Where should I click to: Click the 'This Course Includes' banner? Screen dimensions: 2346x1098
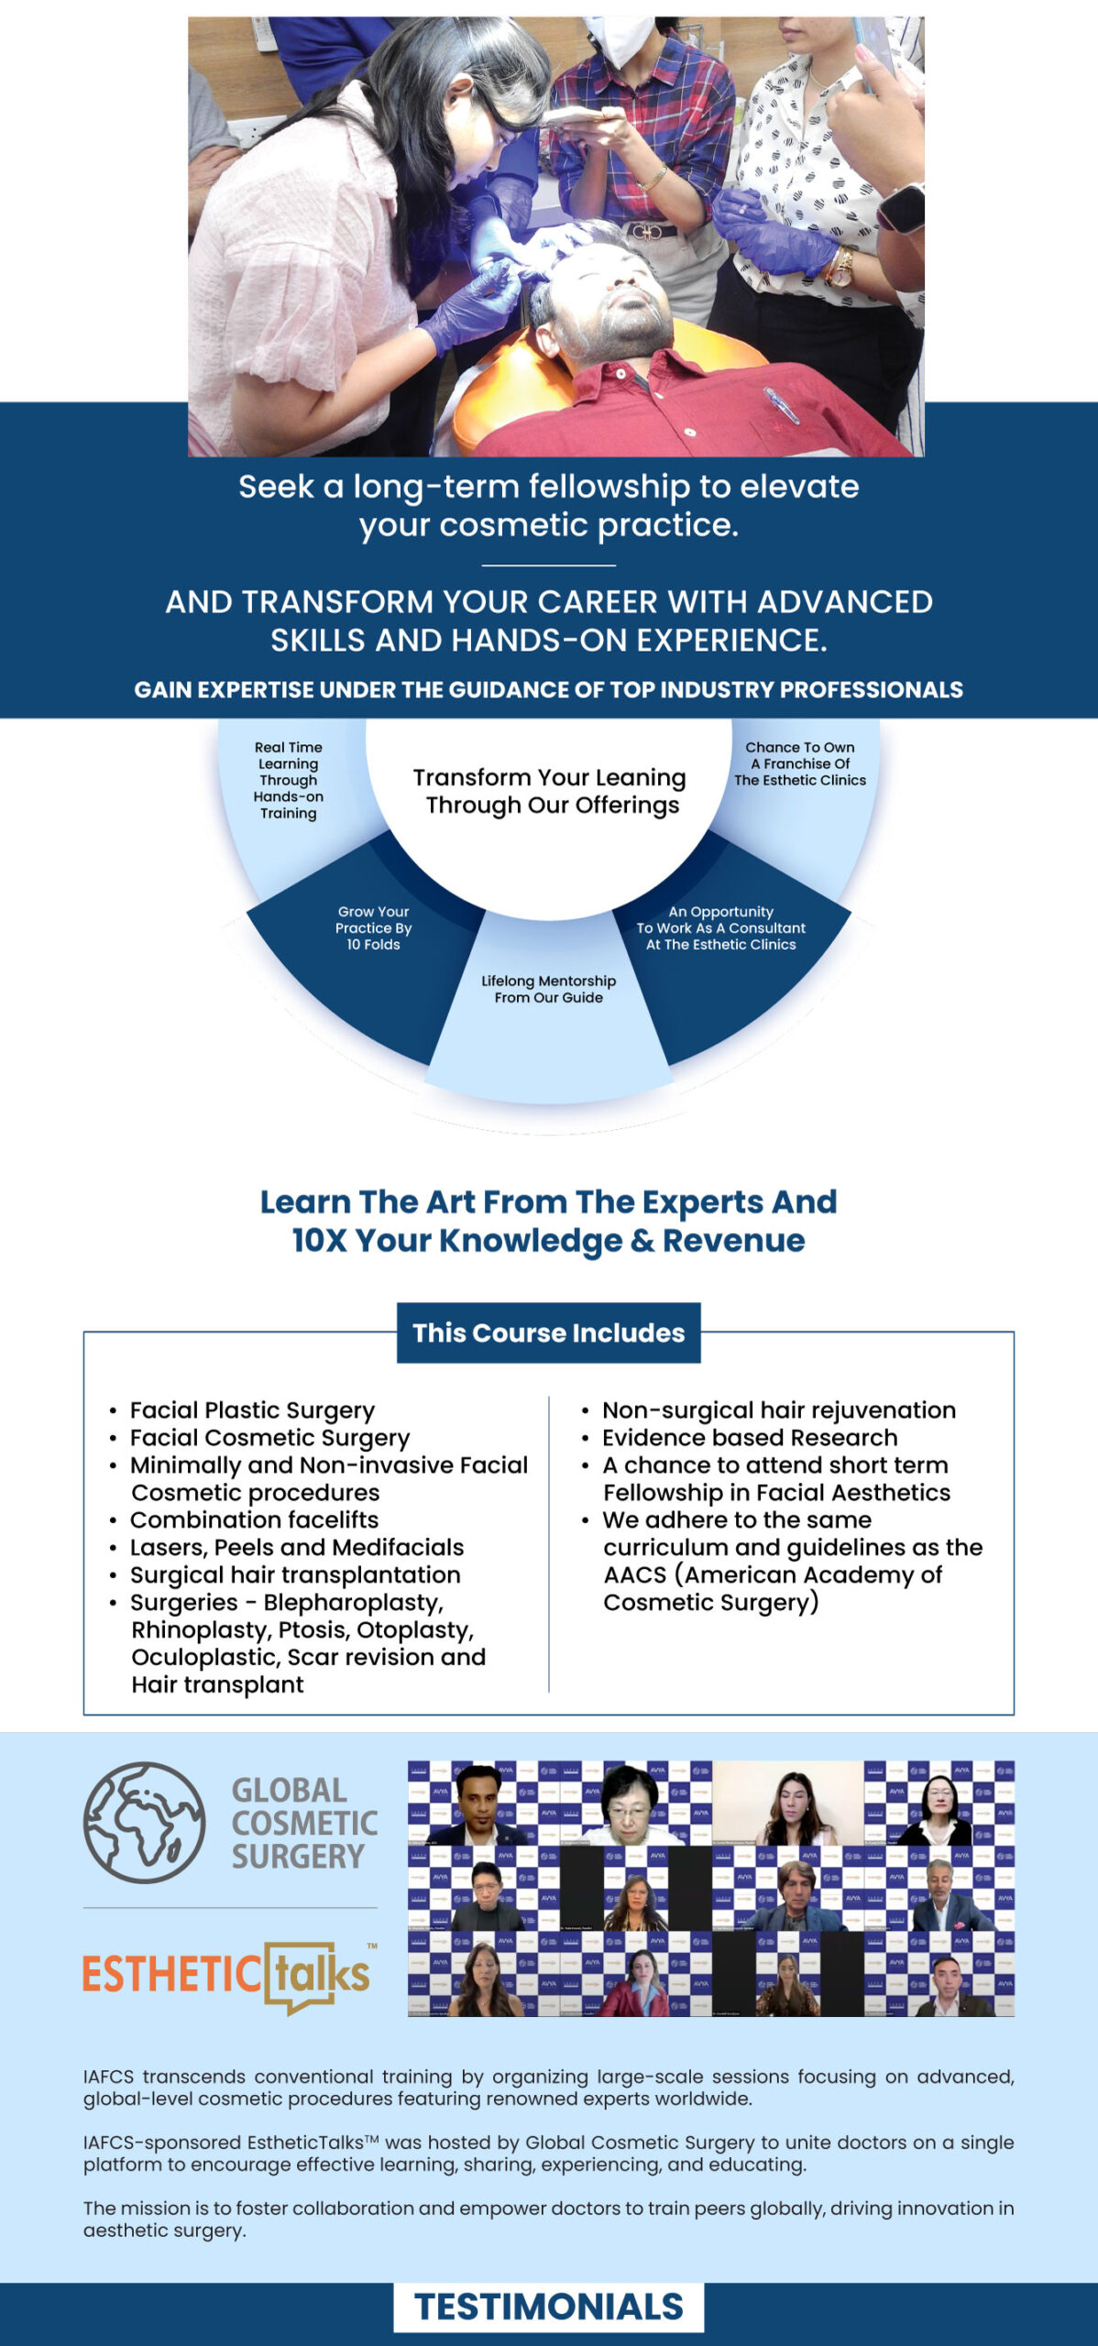pyautogui.click(x=548, y=1332)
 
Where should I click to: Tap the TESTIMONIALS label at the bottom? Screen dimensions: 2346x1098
pyautogui.click(x=548, y=2307)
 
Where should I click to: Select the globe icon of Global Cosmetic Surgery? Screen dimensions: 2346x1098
pyautogui.click(x=144, y=1823)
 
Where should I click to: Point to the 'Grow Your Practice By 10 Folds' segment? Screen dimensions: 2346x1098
pyautogui.click(x=373, y=928)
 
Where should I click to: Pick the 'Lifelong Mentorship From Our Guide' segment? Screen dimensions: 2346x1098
pyautogui.click(x=548, y=990)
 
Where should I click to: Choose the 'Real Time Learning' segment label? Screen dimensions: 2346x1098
pyautogui.click(x=288, y=780)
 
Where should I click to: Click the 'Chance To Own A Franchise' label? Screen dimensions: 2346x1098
pyautogui.click(x=799, y=764)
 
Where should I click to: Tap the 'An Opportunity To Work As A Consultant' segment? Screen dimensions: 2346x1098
pyautogui.click(x=721, y=928)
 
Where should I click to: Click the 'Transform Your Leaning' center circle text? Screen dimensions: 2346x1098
pyautogui.click(x=549, y=791)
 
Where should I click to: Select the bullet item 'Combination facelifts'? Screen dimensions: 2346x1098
pyautogui.click(x=254, y=1520)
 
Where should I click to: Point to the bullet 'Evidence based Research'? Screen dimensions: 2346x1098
pyautogui.click(x=749, y=1438)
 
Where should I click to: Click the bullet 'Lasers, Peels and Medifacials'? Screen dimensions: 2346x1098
pyautogui.click(x=296, y=1548)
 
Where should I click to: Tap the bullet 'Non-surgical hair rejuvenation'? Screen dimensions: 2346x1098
pyautogui.click(x=778, y=1410)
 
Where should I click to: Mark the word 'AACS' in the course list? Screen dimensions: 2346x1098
pyautogui.click(x=634, y=1575)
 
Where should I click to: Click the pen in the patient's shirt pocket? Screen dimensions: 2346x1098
pyautogui.click(x=780, y=404)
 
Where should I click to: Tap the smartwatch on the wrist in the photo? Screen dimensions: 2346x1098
pyautogui.click(x=902, y=208)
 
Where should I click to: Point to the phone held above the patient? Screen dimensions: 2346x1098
pyautogui.click(x=576, y=115)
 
